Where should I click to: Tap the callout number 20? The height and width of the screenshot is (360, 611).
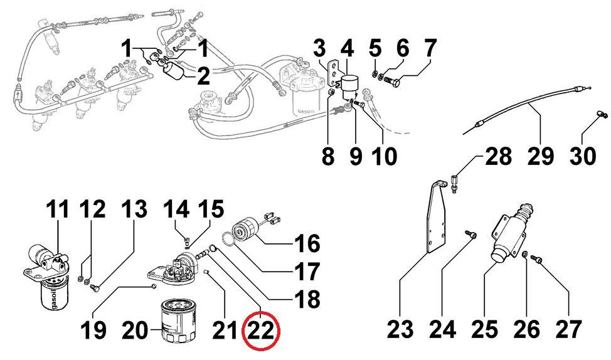pyautogui.click(x=135, y=331)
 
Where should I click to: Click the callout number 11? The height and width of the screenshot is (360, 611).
pyautogui.click(x=58, y=209)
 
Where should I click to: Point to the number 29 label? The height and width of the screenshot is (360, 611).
pyautogui.click(x=541, y=156)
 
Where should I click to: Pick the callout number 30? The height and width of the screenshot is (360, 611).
pyautogui.click(x=583, y=156)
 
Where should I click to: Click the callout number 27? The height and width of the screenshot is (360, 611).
pyautogui.click(x=568, y=330)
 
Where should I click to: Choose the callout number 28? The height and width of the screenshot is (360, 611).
pyautogui.click(x=498, y=156)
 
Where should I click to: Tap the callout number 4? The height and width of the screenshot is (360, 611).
pyautogui.click(x=347, y=49)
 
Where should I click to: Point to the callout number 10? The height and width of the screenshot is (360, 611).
pyautogui.click(x=384, y=156)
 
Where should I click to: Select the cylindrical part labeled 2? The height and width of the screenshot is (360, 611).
pyautogui.click(x=174, y=73)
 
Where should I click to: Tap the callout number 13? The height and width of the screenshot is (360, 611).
pyautogui.click(x=135, y=209)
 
